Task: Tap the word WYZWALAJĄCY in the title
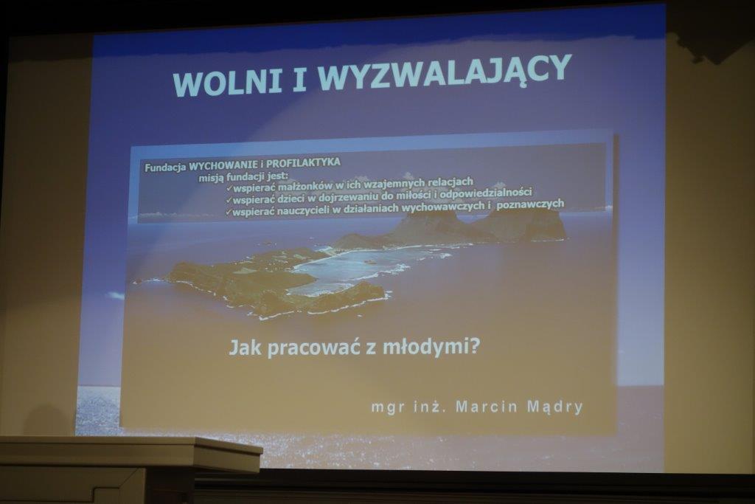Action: (445, 74)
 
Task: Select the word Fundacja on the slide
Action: (165, 168)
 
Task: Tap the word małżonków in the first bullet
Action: (298, 185)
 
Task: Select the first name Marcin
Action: (487, 406)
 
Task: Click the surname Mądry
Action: (555, 407)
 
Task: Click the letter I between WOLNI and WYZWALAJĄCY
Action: (299, 79)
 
